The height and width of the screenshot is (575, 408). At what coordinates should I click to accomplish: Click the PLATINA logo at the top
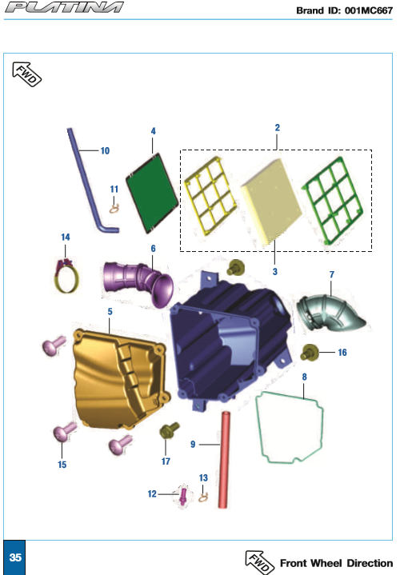click(x=64, y=7)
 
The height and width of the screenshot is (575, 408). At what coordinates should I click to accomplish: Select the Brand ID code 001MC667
click(x=368, y=10)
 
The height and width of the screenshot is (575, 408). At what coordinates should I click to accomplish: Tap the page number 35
click(x=15, y=557)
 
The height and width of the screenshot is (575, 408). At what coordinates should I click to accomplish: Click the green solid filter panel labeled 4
click(x=152, y=194)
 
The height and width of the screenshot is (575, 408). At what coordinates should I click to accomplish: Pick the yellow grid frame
click(x=210, y=195)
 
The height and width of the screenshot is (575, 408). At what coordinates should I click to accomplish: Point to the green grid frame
click(x=333, y=200)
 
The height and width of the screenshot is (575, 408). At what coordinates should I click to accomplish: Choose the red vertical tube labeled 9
click(x=224, y=460)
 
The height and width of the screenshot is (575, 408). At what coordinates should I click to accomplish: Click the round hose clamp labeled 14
click(x=66, y=277)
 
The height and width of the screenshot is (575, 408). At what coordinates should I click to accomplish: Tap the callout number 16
click(x=342, y=353)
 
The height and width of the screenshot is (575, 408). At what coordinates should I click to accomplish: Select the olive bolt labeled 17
click(x=170, y=430)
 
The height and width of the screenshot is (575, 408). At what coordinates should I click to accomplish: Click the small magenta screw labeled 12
click(x=183, y=496)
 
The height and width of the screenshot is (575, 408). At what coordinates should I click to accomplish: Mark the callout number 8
click(x=304, y=377)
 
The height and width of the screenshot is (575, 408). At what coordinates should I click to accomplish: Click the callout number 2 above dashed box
click(x=278, y=127)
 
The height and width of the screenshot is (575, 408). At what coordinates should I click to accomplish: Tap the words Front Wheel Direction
click(x=336, y=563)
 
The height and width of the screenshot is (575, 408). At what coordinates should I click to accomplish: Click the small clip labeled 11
click(x=114, y=209)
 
